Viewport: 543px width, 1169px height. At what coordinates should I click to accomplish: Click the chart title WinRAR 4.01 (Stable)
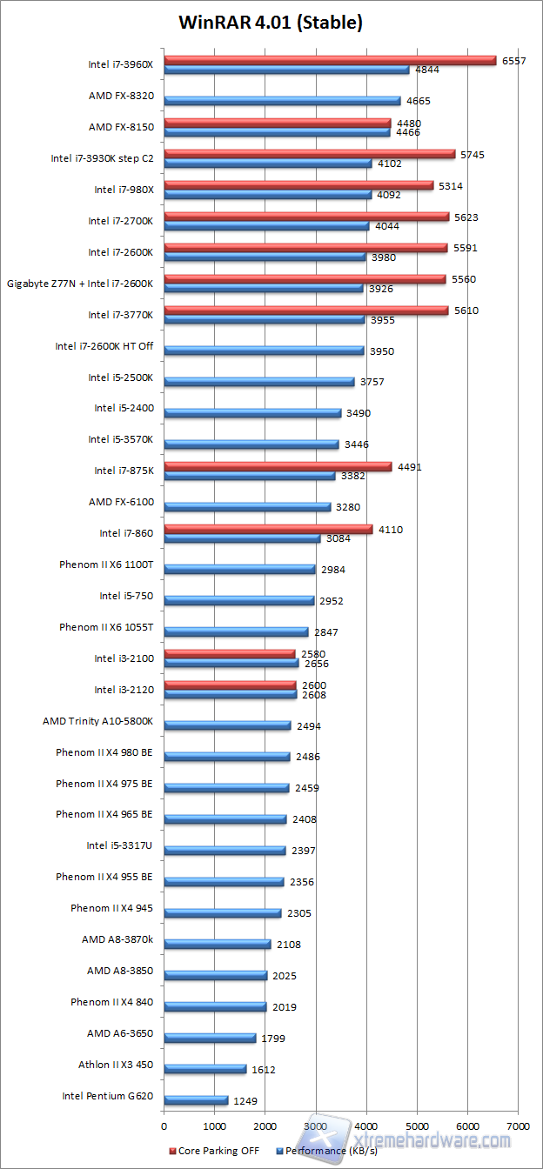tap(270, 23)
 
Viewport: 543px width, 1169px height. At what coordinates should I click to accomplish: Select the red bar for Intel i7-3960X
tap(330, 60)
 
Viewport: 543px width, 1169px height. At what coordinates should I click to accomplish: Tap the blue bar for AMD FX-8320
tap(282, 101)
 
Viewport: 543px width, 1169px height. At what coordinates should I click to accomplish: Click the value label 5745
tap(474, 154)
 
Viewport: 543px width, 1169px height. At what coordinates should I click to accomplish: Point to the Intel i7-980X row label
tap(124, 190)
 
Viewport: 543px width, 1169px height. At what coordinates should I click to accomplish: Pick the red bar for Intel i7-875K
tap(278, 467)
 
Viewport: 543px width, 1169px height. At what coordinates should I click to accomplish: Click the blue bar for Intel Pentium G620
tap(196, 1100)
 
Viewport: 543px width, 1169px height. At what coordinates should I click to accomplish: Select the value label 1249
tap(245, 1101)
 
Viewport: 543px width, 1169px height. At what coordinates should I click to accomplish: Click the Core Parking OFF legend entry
tap(218, 1151)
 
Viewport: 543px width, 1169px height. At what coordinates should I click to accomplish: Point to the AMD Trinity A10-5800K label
tap(97, 721)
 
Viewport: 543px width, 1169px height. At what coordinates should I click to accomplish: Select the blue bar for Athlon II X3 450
tap(204, 1069)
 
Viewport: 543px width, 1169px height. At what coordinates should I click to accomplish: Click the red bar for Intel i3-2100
tap(230, 654)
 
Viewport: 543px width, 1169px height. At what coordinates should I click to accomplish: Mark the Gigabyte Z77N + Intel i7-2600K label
tap(80, 284)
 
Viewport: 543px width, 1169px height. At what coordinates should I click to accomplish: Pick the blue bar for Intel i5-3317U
tap(225, 850)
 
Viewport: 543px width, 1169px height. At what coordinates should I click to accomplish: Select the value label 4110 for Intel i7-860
tap(390, 529)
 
